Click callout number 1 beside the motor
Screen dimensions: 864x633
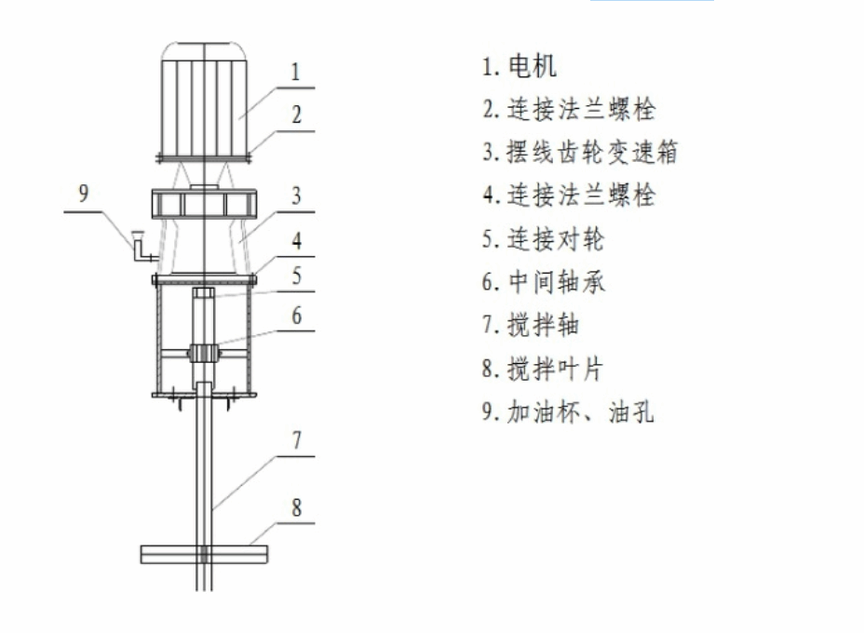coord(296,73)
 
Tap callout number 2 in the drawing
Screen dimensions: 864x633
coord(296,114)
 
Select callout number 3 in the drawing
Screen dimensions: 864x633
coord(296,195)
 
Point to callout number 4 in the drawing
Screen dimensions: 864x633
coord(296,240)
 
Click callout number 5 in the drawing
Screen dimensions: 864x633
coord(296,275)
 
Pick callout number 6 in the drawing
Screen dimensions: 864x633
coord(296,316)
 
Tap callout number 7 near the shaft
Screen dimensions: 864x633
coord(296,440)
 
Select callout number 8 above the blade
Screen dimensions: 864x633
coord(296,507)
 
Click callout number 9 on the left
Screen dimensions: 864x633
coord(83,193)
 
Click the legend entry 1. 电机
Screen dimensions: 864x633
coord(520,66)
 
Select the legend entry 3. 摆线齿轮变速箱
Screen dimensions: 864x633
coord(580,152)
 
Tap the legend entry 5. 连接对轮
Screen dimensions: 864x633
coord(543,238)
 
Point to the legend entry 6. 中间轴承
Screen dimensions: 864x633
coord(544,281)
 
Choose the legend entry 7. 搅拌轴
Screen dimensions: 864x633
coord(531,325)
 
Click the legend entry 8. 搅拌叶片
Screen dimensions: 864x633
coord(542,368)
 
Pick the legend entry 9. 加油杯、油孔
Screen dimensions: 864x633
coord(568,411)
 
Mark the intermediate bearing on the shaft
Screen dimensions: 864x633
coord(203,353)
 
